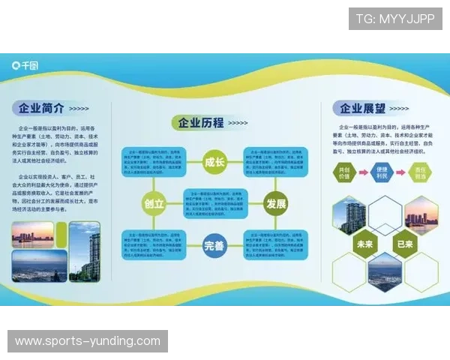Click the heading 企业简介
coord(43,107)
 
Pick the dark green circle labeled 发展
coord(276,202)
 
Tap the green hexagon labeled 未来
coord(365,243)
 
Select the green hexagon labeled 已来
coord(406,243)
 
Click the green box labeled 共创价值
coord(344,172)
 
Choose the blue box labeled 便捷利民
coord(382,172)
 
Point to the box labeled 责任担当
coord(421,172)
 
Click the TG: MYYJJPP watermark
coord(395,19)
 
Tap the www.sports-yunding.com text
coord(87,341)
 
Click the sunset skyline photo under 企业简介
coord(32,235)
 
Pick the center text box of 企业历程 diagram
coord(215,202)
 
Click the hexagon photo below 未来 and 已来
coord(385,272)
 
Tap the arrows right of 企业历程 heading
coord(238,123)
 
